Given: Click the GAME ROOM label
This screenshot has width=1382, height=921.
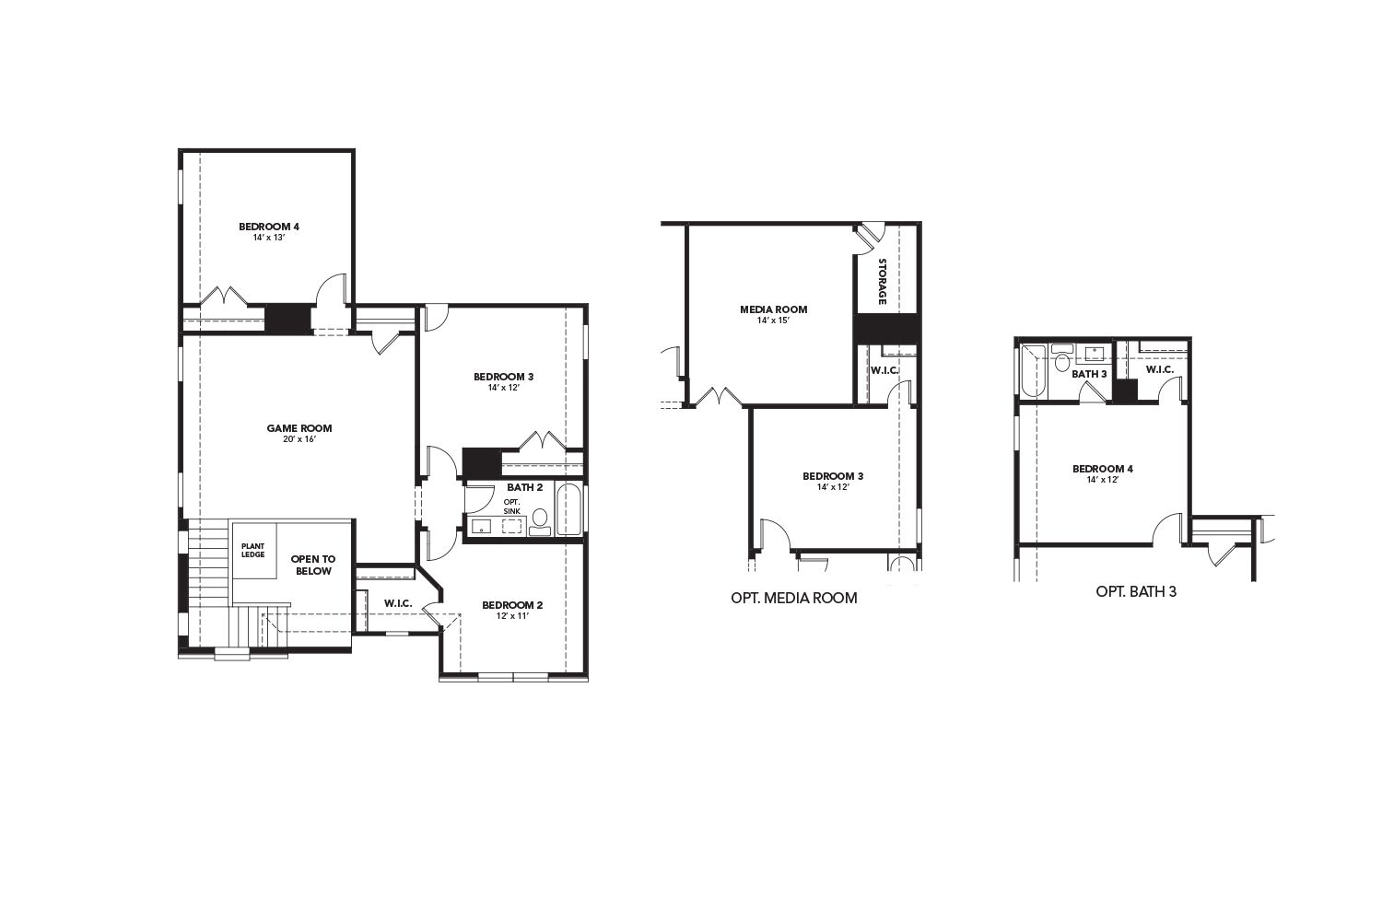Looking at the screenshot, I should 299,428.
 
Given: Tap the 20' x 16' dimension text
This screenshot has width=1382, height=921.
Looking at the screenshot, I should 299,439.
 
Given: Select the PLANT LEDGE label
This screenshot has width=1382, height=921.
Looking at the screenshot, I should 253,551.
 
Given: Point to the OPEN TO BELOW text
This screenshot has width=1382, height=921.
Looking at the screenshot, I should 313,565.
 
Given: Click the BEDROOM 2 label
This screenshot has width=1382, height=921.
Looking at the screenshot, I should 512,605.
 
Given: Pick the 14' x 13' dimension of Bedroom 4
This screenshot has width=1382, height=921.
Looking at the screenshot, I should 269,238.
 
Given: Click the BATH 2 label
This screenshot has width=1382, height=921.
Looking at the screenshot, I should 524,487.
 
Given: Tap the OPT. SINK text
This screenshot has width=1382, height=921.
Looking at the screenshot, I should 512,506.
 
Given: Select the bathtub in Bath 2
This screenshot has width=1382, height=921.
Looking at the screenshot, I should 568,509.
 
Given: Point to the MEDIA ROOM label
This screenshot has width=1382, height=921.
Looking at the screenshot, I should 774,309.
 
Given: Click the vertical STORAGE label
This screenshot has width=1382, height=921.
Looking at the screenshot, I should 882,282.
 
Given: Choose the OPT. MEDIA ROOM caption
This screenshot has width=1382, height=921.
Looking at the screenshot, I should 794,598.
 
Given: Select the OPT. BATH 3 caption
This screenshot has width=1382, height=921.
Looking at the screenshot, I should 1136,591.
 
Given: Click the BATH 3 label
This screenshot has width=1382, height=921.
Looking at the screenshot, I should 1089,374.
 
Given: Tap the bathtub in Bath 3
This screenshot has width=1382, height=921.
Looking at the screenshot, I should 1034,370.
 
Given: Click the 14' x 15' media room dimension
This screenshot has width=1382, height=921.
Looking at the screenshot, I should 774,321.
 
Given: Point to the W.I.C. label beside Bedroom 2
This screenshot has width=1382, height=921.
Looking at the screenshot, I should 398,603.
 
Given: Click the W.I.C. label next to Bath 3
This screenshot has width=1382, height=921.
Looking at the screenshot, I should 1160,369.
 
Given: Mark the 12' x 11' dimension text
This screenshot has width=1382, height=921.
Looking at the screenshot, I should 512,616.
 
